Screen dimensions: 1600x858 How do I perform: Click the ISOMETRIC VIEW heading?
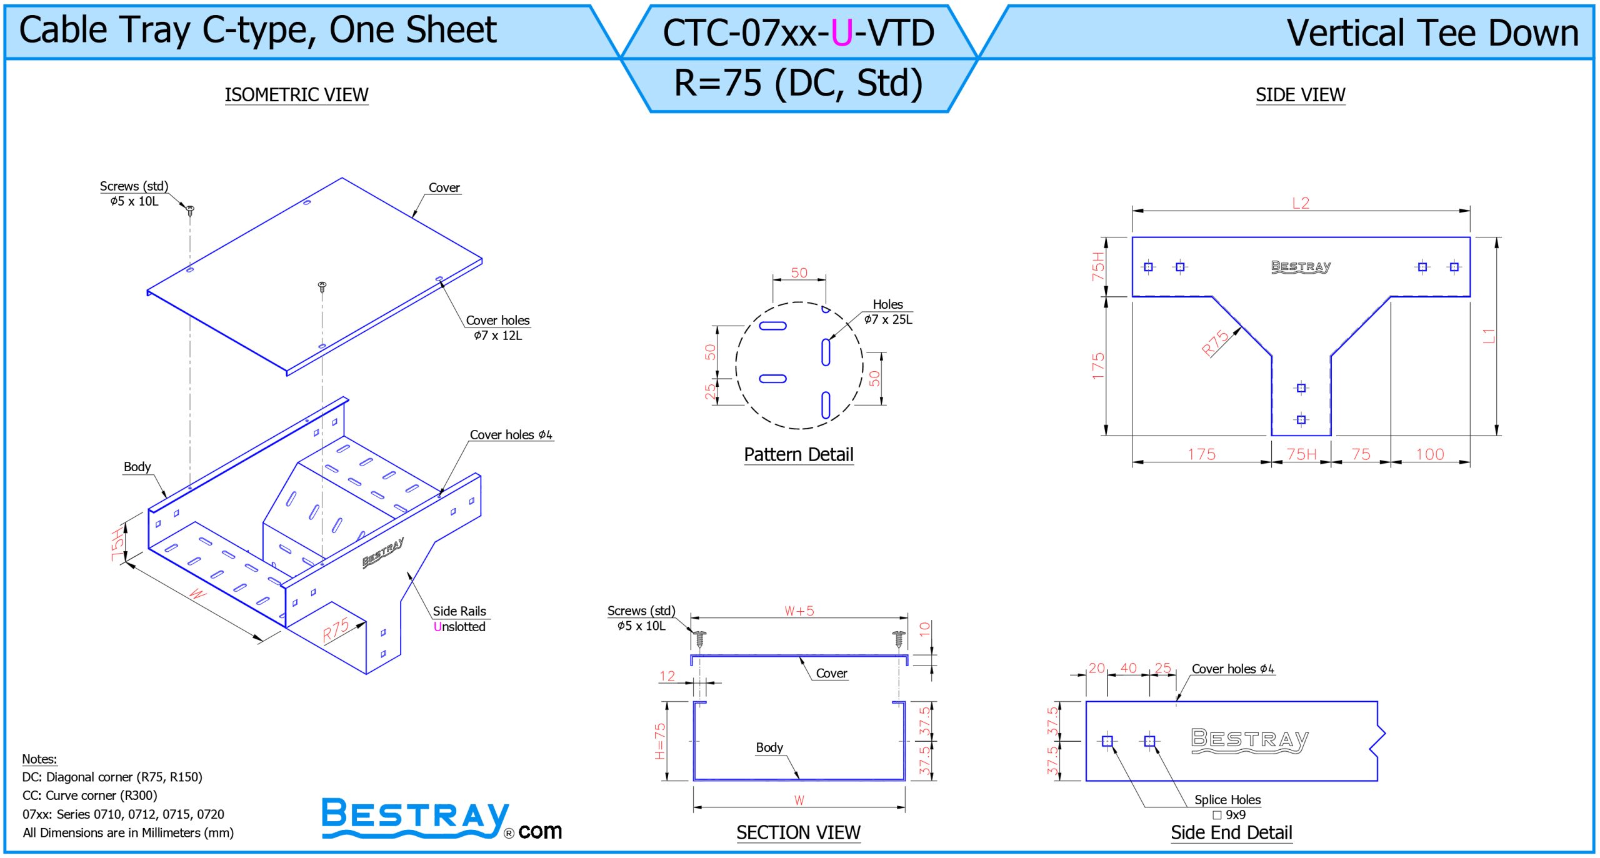click(296, 95)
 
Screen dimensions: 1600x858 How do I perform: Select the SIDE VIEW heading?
click(1300, 95)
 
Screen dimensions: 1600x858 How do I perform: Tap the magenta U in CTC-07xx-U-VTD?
click(842, 33)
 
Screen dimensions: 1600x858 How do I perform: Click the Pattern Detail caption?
click(798, 454)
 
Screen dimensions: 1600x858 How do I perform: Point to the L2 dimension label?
click(1301, 203)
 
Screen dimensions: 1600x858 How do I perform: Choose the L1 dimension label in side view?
click(1489, 336)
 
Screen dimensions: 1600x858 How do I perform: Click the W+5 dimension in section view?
click(799, 611)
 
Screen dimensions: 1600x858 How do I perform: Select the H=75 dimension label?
click(660, 741)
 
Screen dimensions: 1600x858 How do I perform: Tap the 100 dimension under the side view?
click(1430, 454)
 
